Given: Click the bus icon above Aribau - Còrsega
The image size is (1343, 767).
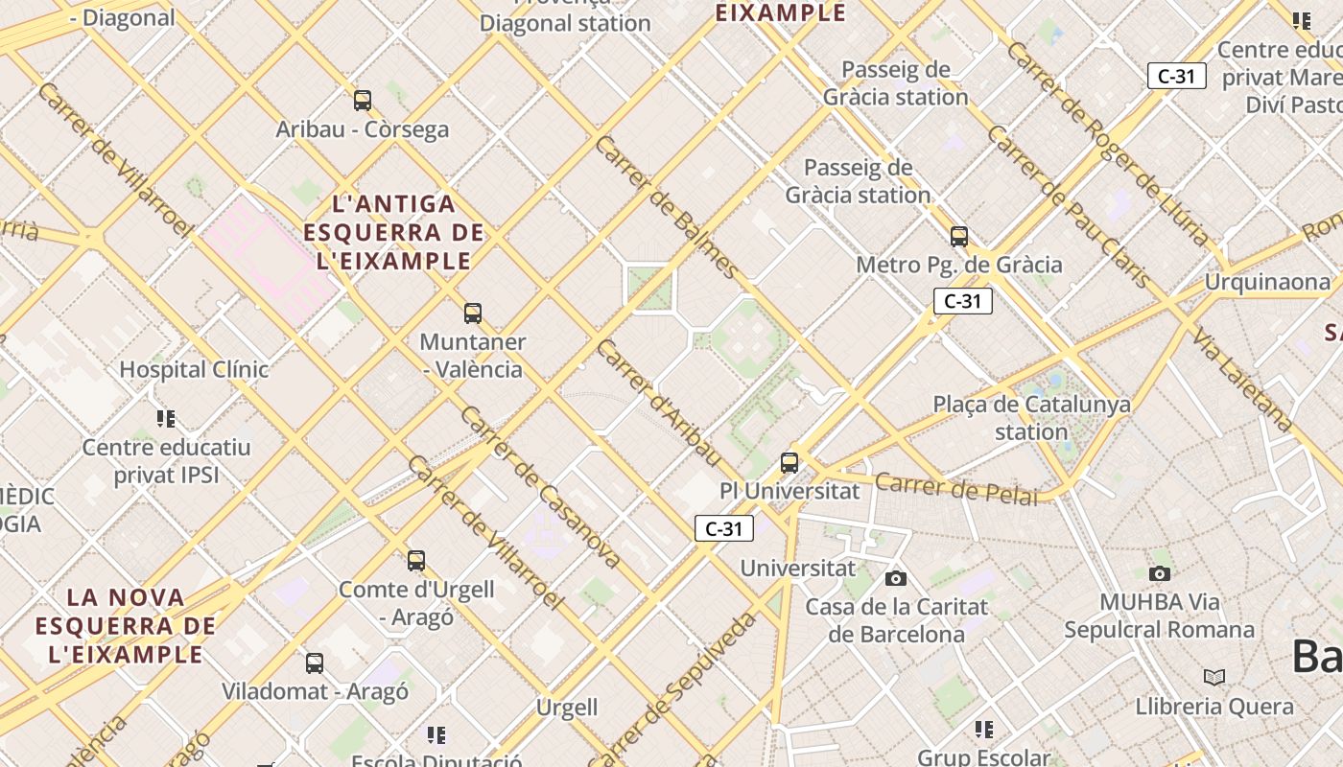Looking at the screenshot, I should click(363, 100).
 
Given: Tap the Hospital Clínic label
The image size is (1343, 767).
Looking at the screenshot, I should click(194, 369).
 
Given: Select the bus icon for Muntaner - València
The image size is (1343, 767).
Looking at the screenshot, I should click(473, 313).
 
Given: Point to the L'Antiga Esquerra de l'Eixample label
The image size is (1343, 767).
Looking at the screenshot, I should click(393, 232).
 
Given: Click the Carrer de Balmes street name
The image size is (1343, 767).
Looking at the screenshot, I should click(666, 207).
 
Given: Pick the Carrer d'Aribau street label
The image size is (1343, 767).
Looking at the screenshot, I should click(657, 402).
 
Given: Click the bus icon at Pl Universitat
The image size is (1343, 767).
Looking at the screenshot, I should click(789, 463).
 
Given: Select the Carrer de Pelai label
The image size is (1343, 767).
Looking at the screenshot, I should click(955, 488).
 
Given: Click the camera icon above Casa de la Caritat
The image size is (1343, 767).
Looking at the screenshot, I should click(896, 578).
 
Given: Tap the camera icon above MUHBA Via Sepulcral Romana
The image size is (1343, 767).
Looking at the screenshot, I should click(1160, 573).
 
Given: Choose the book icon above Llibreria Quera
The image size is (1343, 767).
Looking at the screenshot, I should click(1214, 677).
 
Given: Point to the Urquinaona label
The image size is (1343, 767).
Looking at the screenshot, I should click(1267, 282).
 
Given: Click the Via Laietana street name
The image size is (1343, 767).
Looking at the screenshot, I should click(1243, 379).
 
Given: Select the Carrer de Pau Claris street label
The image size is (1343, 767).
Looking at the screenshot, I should click(1068, 206).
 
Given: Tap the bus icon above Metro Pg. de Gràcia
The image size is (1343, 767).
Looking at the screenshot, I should click(959, 236).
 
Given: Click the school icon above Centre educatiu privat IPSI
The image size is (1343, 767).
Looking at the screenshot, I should click(166, 419).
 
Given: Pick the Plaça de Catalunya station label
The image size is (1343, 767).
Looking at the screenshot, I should click(1031, 418).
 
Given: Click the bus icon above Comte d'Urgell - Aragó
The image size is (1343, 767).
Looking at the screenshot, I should click(416, 560).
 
